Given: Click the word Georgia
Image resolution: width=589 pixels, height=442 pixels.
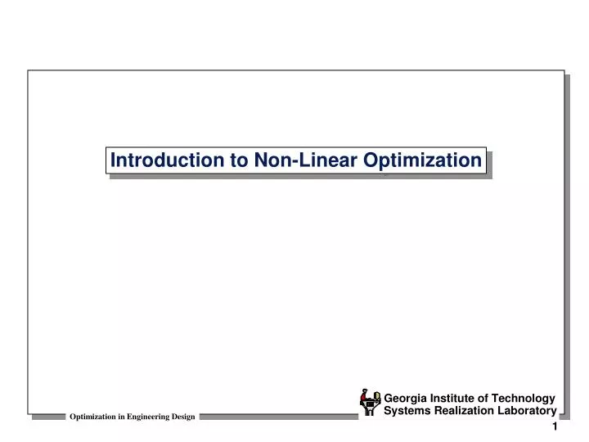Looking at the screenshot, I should coord(407,399).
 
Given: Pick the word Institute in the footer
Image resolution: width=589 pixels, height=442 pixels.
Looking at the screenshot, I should coord(455,399).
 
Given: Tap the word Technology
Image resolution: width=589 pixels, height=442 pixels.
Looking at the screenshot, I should coord(525,399).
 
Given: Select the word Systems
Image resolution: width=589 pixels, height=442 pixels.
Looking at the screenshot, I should coord(409,411).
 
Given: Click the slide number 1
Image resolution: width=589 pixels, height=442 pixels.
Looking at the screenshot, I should coord(555,428).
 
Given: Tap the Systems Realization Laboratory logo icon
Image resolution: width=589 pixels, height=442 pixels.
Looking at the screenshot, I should coord(371,401).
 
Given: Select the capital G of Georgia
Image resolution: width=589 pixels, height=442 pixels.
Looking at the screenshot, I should coord(389,399).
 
